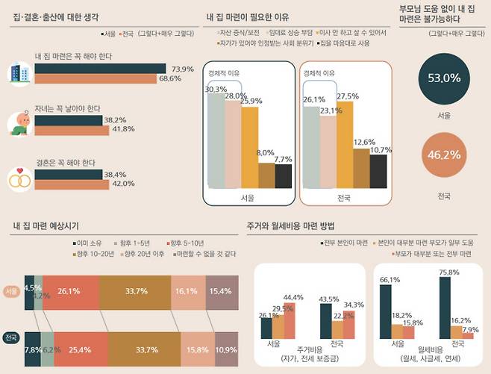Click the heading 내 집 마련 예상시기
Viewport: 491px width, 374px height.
tap(46, 225)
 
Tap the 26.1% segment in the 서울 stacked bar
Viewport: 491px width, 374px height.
tap(69, 291)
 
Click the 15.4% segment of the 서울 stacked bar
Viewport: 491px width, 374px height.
tap(222, 291)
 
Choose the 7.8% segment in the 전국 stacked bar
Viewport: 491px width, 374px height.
tap(32, 349)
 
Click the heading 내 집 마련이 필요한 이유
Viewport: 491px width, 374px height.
tap(247, 16)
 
